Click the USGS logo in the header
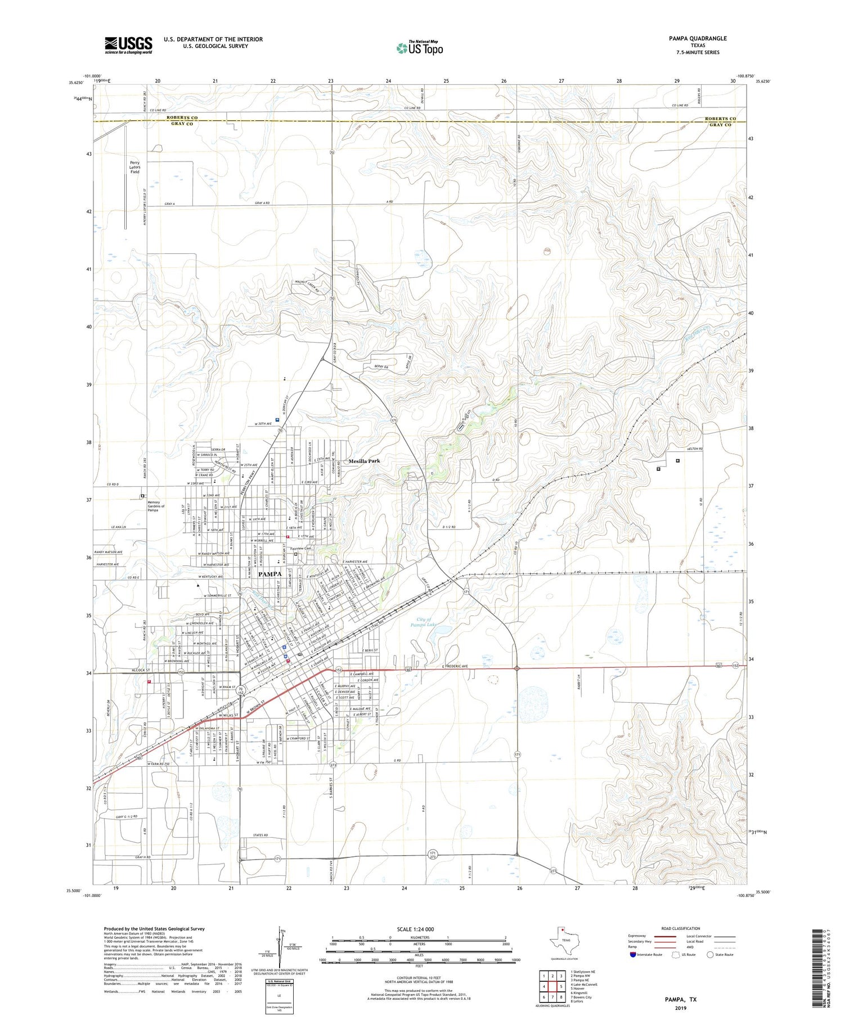point(128,45)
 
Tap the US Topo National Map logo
point(419,48)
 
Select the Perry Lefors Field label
point(134,167)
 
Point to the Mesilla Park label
point(364,461)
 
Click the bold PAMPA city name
point(270,574)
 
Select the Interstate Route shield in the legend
point(633,955)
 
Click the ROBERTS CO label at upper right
point(720,119)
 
